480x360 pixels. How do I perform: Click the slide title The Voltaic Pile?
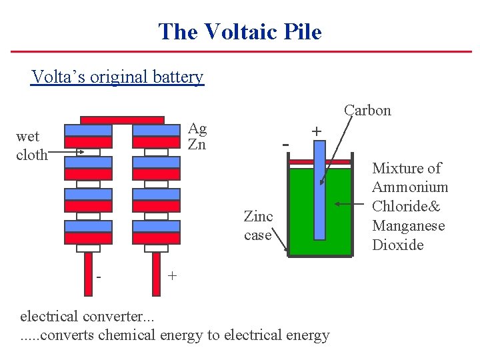tap(240, 31)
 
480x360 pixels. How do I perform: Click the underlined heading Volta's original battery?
tap(117, 77)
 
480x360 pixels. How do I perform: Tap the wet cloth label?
tap(31, 146)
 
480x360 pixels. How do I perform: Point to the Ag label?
tap(197, 128)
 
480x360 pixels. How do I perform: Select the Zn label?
tap(197, 144)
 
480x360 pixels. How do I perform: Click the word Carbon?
tap(367, 110)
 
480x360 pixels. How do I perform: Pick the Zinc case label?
tap(258, 225)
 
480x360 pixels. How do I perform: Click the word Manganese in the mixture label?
tap(408, 225)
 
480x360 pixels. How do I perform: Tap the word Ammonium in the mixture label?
tap(410, 187)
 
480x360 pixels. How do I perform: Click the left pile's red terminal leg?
tap(88, 273)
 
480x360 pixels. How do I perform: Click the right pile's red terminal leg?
tap(156, 273)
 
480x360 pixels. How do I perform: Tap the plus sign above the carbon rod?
tap(316, 131)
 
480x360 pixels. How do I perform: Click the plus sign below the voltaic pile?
tap(172, 275)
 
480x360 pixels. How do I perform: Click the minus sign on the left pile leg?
tap(98, 275)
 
